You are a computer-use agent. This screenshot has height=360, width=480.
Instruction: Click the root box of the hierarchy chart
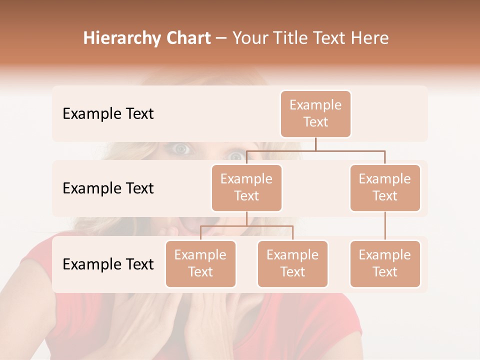click(315, 113)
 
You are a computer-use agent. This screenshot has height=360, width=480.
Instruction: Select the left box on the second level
click(246, 187)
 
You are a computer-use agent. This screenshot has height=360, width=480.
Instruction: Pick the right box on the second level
click(385, 187)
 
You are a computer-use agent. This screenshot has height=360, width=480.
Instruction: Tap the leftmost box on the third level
click(200, 263)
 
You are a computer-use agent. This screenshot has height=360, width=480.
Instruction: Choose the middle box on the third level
click(292, 263)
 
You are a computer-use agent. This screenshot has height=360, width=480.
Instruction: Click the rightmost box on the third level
click(385, 263)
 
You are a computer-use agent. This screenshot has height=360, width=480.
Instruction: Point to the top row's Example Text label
click(108, 114)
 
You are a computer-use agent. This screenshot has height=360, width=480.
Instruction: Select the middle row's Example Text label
click(108, 188)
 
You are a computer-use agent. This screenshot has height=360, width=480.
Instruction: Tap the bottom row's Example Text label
click(108, 264)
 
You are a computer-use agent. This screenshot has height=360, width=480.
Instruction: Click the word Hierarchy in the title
click(120, 38)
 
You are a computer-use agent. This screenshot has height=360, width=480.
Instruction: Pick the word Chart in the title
click(187, 38)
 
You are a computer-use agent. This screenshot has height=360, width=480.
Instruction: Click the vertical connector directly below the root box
click(315, 143)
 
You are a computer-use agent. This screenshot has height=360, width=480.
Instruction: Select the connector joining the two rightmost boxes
click(385, 226)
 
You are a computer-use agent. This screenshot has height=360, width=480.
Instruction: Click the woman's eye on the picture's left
click(180, 148)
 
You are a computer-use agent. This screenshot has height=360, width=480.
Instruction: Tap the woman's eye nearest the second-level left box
click(234, 156)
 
